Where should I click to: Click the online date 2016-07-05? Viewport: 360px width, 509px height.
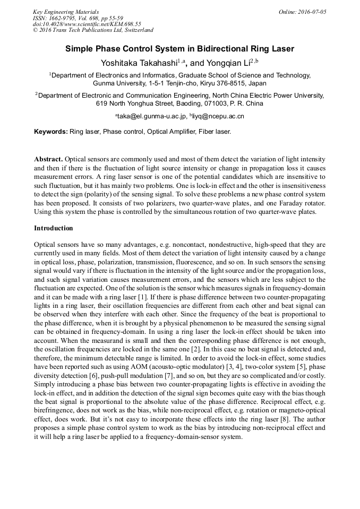pos(312,12)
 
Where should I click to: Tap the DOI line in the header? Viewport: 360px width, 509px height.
pos(87,24)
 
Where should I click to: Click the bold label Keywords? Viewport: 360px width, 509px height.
pos(51,131)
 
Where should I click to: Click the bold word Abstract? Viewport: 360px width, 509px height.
pos(49,159)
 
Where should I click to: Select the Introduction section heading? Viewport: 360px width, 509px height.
pos(54,228)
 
